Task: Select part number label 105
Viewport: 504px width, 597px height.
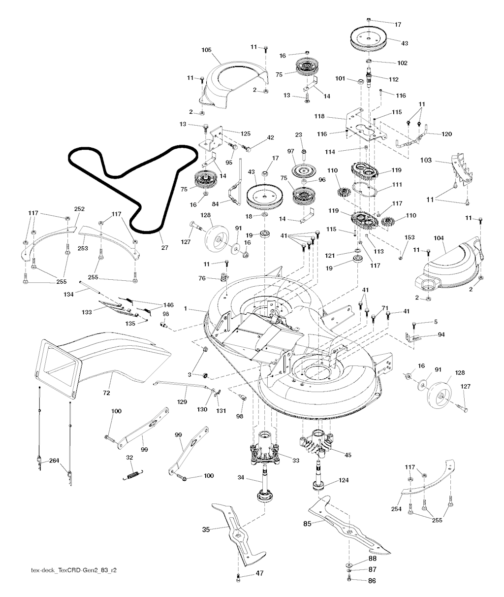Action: [x=207, y=50]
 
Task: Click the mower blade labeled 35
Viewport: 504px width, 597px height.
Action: [x=236, y=532]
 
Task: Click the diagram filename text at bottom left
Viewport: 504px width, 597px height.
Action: [x=74, y=569]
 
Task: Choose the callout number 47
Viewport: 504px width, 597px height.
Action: [x=259, y=573]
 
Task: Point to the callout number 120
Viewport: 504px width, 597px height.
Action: [x=447, y=134]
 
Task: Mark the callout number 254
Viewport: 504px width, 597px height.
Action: [x=397, y=508]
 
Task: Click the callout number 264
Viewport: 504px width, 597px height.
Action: [x=54, y=461]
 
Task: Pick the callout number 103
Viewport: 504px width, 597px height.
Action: [x=426, y=161]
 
